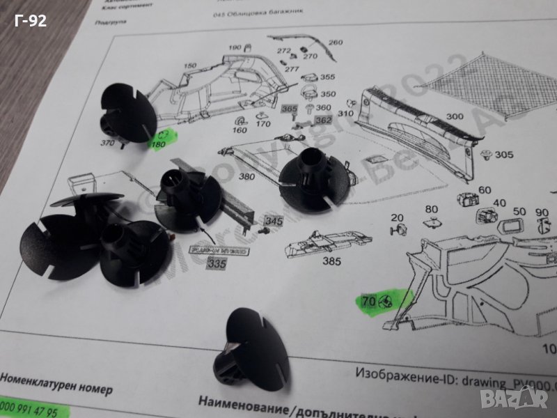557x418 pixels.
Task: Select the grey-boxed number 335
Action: (x=217, y=264)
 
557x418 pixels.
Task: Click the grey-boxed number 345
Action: (x=274, y=222)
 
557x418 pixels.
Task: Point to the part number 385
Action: (x=331, y=263)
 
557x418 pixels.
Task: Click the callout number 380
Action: (x=246, y=177)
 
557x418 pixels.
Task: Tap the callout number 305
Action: (x=504, y=155)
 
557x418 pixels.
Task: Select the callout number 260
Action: (x=336, y=42)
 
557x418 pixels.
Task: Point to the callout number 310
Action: (x=345, y=113)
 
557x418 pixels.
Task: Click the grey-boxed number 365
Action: (x=288, y=110)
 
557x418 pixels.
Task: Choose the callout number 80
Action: (x=431, y=208)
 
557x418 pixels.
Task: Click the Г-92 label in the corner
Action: (x=30, y=21)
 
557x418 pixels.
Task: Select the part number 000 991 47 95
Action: (x=29, y=412)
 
